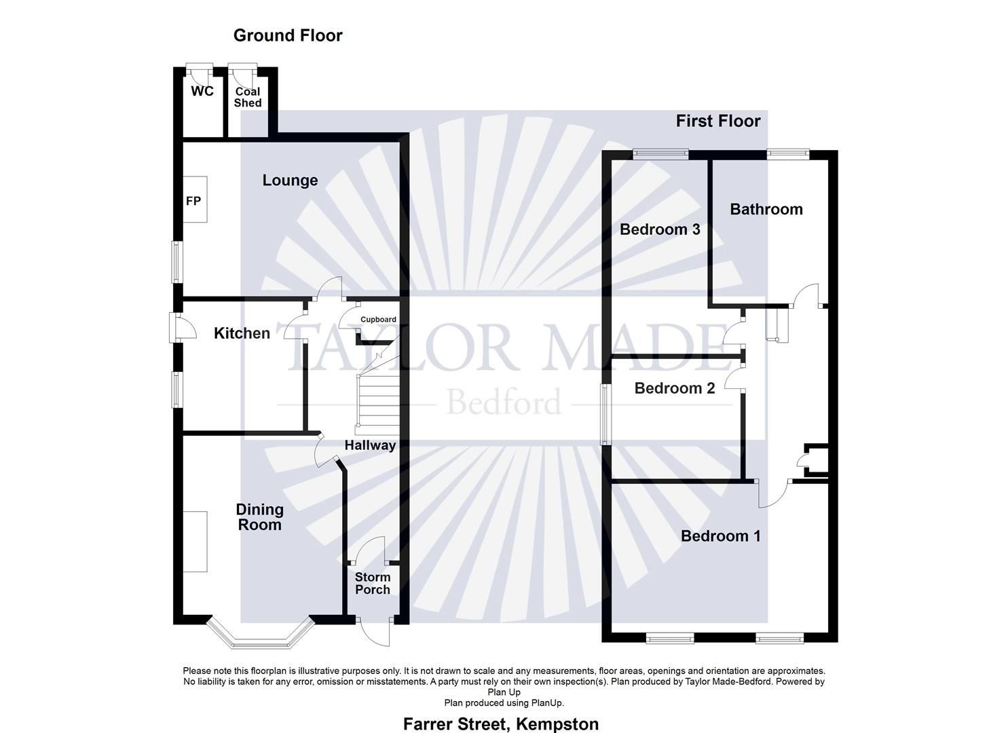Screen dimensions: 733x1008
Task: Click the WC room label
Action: (202, 91)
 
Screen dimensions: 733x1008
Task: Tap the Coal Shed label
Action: (248, 97)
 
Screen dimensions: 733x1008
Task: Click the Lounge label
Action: (290, 181)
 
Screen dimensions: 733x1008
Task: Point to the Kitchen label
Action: (242, 333)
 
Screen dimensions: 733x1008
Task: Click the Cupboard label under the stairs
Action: (378, 320)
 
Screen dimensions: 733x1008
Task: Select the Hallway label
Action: (370, 446)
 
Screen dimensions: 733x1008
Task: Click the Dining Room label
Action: (259, 517)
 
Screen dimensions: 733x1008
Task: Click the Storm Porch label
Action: (373, 584)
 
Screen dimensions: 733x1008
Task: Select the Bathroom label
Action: (766, 210)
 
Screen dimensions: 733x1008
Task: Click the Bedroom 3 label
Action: (660, 229)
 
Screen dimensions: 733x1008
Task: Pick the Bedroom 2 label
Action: (675, 388)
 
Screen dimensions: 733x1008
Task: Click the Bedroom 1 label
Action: (721, 536)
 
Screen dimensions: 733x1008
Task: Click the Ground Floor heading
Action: (288, 35)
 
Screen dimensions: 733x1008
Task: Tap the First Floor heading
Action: (718, 121)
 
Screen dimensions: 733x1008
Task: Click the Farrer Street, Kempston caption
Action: (501, 724)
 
